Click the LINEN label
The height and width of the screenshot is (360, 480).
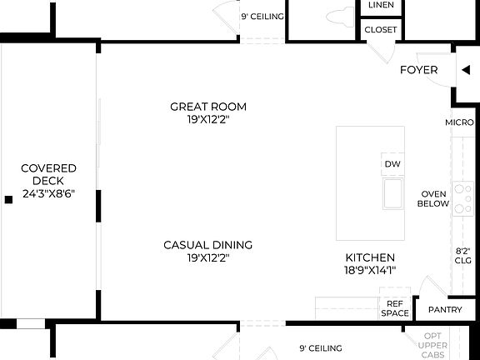(x=381, y=5)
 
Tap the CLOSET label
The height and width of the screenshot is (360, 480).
(x=381, y=30)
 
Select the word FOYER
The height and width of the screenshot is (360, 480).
(x=418, y=70)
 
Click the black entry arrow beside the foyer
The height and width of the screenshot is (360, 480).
(x=465, y=70)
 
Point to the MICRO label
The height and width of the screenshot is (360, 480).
(x=459, y=122)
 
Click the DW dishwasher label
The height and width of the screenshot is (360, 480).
(x=393, y=164)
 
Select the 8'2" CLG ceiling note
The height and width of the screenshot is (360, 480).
(x=464, y=254)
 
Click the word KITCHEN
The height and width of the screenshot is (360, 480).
(x=371, y=257)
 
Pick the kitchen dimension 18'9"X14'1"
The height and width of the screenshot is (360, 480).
(x=371, y=270)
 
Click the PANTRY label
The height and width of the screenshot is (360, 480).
(x=444, y=310)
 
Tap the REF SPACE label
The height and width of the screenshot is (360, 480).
(x=395, y=308)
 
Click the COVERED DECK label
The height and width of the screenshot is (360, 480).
(x=48, y=174)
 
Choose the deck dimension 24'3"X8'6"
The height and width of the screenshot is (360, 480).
(x=48, y=194)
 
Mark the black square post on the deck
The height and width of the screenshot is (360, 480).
(x=8, y=199)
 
